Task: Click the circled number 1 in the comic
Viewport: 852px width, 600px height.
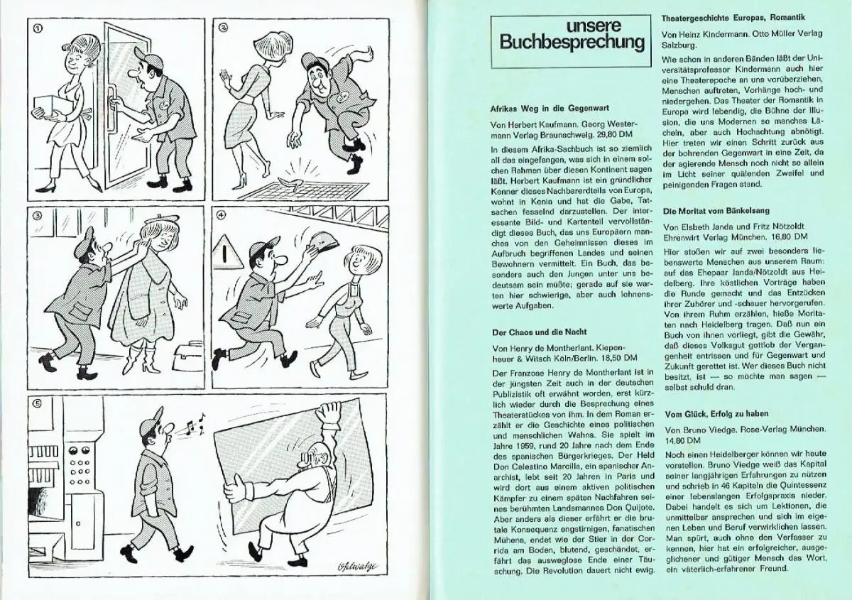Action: point(38,28)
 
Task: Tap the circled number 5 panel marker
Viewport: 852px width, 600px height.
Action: point(38,403)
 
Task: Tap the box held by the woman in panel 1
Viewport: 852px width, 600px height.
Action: point(55,104)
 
